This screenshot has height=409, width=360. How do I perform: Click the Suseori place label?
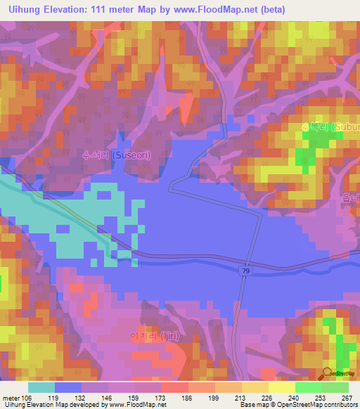(117, 155)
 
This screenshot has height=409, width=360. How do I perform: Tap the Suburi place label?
(331, 127)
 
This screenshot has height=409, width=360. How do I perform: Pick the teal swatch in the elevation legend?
(41, 387)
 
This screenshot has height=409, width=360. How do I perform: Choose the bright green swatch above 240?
(309, 387)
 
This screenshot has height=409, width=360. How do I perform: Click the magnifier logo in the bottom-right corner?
(328, 372)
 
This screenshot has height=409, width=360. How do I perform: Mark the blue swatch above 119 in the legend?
(68, 387)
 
